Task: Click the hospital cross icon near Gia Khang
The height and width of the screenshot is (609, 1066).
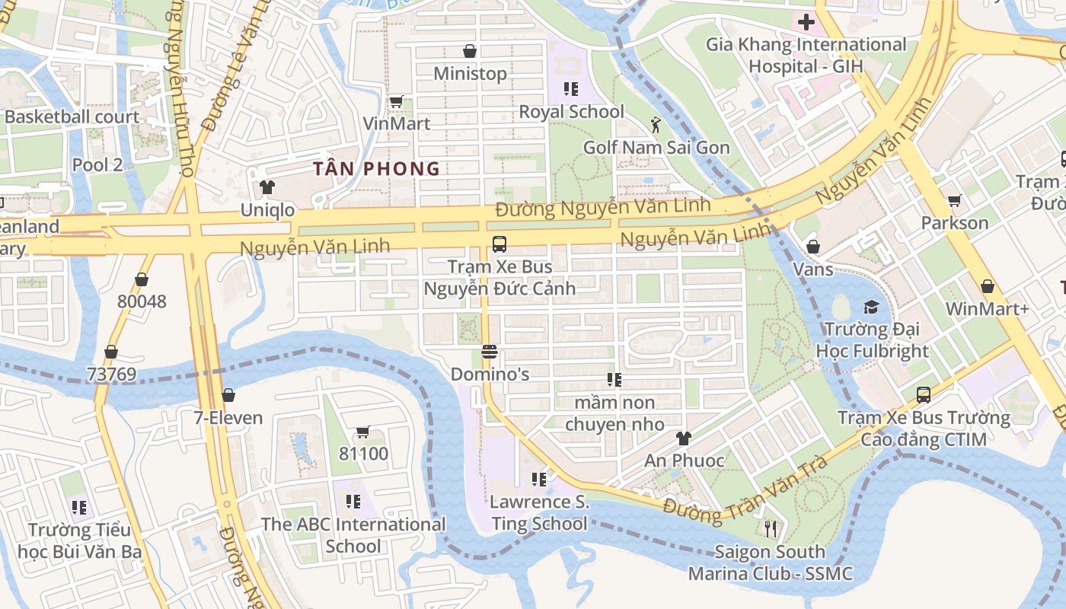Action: pyautogui.click(x=806, y=21)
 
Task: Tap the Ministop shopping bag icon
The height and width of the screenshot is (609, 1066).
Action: pyautogui.click(x=470, y=51)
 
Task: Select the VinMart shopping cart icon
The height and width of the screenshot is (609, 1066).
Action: pyautogui.click(x=396, y=101)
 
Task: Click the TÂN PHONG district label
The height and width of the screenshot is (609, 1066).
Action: pyautogui.click(x=378, y=169)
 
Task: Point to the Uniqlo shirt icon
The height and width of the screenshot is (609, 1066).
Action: pyautogui.click(x=266, y=187)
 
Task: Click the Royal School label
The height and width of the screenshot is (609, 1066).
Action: pyautogui.click(x=571, y=112)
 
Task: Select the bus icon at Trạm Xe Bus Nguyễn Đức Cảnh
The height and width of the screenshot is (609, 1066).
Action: pyautogui.click(x=499, y=244)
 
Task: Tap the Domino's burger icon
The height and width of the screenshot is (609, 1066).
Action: pyautogui.click(x=490, y=352)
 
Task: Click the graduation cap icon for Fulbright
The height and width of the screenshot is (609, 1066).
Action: pyautogui.click(x=871, y=307)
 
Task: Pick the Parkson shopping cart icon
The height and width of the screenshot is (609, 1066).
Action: pyautogui.click(x=954, y=201)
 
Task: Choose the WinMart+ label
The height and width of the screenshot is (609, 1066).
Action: pyautogui.click(x=987, y=309)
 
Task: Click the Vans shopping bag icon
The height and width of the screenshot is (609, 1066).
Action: pyautogui.click(x=813, y=247)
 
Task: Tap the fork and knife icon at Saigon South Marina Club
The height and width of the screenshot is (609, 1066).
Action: pyautogui.click(x=771, y=529)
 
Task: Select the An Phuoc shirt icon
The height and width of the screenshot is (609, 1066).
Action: pyautogui.click(x=684, y=438)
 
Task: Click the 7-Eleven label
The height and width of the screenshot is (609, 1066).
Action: pyautogui.click(x=228, y=418)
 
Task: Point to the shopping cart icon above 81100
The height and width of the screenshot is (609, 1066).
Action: pyautogui.click(x=363, y=432)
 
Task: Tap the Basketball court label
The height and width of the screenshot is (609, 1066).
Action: pyautogui.click(x=72, y=117)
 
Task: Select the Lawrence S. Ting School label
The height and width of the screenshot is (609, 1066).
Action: pyautogui.click(x=539, y=512)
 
